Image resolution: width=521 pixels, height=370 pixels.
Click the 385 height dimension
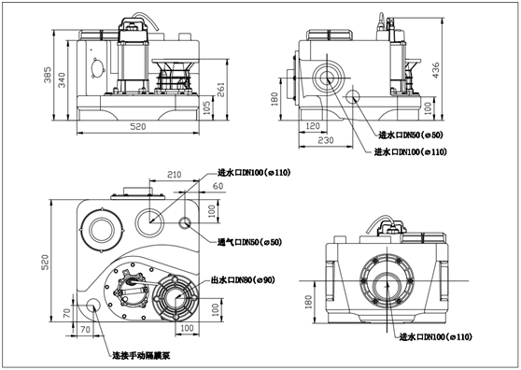(48, 75)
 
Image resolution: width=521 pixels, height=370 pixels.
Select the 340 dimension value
(63, 79)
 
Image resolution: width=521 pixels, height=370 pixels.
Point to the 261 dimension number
(221, 89)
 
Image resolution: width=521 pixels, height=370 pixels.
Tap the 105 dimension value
(206, 108)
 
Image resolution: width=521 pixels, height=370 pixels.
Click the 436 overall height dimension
(436, 70)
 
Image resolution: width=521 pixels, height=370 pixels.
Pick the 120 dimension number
(313, 126)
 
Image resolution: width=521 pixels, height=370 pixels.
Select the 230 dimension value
(326, 140)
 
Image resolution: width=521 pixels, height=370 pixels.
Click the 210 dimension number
(174, 174)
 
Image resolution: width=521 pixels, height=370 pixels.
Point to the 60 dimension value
(218, 186)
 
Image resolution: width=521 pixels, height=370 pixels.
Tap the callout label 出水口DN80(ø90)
(243, 280)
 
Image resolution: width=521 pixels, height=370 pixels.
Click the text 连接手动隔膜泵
(141, 356)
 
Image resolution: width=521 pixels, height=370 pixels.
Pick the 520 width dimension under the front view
(137, 127)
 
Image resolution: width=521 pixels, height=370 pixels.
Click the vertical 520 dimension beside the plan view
(45, 262)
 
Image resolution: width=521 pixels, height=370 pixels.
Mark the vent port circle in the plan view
(185, 222)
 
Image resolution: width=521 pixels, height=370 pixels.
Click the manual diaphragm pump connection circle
(93, 305)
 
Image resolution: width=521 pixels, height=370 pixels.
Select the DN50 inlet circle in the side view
(353, 97)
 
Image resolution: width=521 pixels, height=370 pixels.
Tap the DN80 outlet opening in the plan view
(176, 298)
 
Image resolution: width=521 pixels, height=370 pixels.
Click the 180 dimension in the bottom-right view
(308, 302)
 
